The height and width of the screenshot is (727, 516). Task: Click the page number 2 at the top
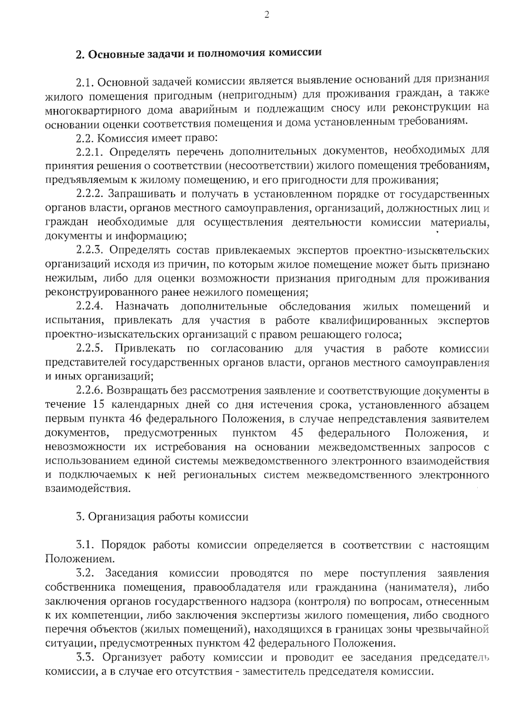pos(266,15)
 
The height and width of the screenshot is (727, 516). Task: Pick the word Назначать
pos(142,307)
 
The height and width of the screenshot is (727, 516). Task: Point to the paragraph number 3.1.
pos(85,545)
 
